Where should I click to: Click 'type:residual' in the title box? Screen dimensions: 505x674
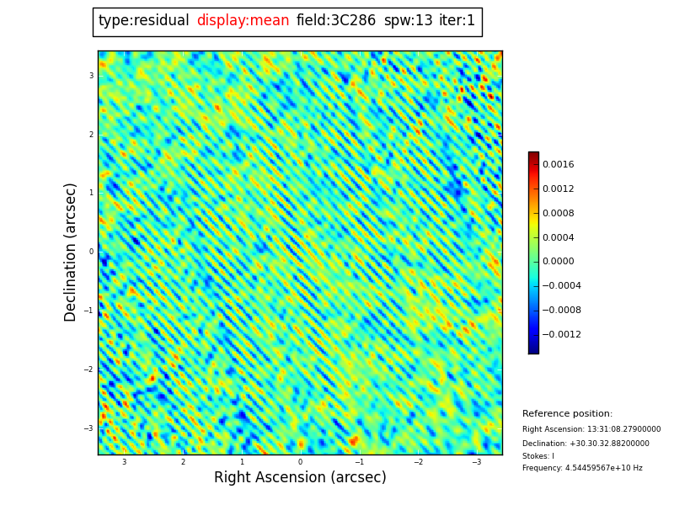tap(143, 21)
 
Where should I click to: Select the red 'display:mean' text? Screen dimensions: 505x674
tap(243, 21)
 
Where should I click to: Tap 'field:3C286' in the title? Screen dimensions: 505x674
tap(336, 21)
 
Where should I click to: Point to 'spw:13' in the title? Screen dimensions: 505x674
tap(408, 21)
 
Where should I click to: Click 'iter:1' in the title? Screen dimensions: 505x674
tap(457, 21)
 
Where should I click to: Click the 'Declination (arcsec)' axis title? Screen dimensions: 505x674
tap(71, 252)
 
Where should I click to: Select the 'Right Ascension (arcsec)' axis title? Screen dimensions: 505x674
tap(300, 477)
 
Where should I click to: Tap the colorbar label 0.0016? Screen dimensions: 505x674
tap(558, 165)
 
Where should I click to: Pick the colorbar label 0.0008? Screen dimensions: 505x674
tap(558, 214)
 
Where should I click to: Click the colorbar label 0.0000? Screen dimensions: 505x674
tap(558, 262)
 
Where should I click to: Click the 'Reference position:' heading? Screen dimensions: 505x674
tap(567, 414)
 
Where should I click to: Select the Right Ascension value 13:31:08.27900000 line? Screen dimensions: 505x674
tap(591, 429)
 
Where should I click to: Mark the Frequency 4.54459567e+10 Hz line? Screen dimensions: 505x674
tap(582, 468)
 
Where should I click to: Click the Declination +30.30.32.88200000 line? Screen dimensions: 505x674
tap(586, 444)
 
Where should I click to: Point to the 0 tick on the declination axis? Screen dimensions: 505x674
tap(91, 252)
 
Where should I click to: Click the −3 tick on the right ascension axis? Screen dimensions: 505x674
tap(476, 462)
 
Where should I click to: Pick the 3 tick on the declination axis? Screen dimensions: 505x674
tap(91, 76)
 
